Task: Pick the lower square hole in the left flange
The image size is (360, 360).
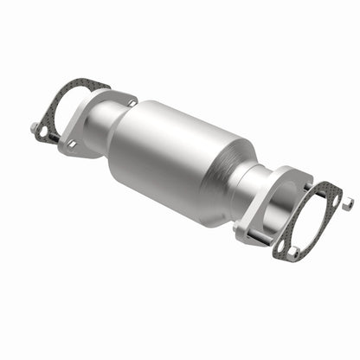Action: click(72, 144)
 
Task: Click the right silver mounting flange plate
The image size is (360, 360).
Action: click(260, 221)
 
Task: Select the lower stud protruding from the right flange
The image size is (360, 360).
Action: click(245, 232)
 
